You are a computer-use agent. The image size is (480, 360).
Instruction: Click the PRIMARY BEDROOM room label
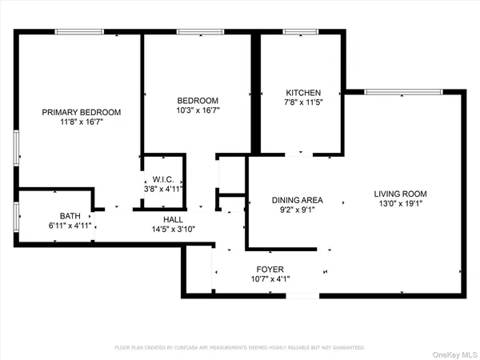click(82, 112)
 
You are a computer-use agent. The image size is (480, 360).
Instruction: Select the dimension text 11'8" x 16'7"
click(82, 122)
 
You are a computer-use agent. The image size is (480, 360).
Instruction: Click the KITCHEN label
click(304, 93)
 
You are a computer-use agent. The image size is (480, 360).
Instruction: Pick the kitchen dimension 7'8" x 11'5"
click(304, 103)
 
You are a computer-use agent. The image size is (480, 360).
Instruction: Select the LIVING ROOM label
click(400, 194)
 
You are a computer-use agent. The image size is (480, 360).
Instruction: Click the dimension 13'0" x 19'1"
click(400, 204)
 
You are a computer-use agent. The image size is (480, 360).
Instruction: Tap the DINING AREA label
click(297, 200)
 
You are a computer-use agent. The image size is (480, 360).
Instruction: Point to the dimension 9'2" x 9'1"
click(297, 210)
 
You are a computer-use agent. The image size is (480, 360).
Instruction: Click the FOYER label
click(270, 270)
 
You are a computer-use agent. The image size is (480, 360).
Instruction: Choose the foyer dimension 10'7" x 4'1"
click(270, 280)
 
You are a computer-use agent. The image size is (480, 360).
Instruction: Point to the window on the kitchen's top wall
click(301, 32)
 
